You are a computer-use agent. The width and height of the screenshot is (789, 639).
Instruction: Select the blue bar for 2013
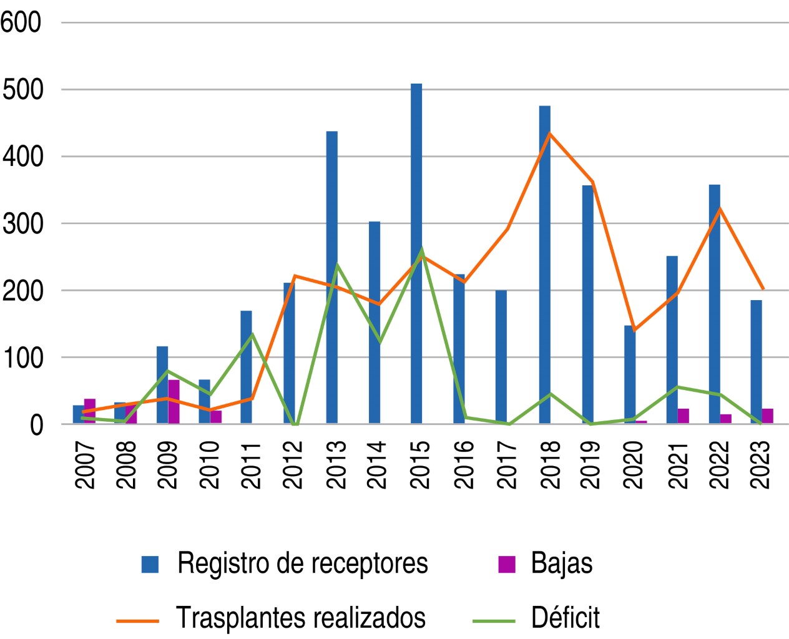pos(331,278)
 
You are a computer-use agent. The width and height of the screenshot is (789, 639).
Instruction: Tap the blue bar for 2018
pos(544,265)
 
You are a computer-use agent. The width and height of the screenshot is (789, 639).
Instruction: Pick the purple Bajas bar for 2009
pos(174,402)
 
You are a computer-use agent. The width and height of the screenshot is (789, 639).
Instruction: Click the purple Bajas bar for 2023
pos(768,416)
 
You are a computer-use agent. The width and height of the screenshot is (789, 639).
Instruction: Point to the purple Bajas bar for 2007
pos(90,411)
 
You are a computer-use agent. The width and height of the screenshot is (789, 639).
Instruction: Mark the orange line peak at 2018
pos(549,133)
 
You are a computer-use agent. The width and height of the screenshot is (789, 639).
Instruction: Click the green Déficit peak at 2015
pos(422,250)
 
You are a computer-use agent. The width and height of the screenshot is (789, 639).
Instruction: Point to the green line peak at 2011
pos(252,334)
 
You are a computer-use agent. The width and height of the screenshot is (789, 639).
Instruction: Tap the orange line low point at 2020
pos(634,329)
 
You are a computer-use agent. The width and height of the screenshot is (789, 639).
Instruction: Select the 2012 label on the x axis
pos(293,465)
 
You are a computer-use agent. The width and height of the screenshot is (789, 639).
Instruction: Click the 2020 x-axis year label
pos(634,465)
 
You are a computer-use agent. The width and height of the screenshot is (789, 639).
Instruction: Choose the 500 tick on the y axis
pos(22,90)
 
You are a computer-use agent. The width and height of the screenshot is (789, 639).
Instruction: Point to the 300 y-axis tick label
pos(22,224)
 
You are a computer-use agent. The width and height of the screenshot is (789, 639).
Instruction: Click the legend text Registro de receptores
pos(303,563)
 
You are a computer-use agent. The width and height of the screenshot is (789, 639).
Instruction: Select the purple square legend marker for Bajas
pos(507,564)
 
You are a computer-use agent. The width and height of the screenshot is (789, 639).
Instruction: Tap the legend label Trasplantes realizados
pos(301,618)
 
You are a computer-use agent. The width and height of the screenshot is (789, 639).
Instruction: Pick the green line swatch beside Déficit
pos(494,620)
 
